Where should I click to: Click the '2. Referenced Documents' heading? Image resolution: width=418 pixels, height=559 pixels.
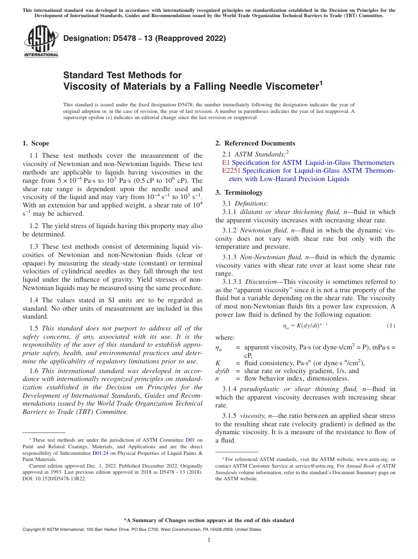255,143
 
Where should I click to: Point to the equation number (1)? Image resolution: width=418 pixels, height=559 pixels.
391,326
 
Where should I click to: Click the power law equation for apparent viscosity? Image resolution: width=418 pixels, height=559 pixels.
305,326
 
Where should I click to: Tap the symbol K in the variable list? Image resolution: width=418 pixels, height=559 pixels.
218,363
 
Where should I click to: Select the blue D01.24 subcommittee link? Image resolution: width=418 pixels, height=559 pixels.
99,453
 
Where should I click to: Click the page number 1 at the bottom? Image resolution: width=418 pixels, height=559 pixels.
209,540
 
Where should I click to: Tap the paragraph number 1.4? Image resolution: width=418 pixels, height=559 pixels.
34,300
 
